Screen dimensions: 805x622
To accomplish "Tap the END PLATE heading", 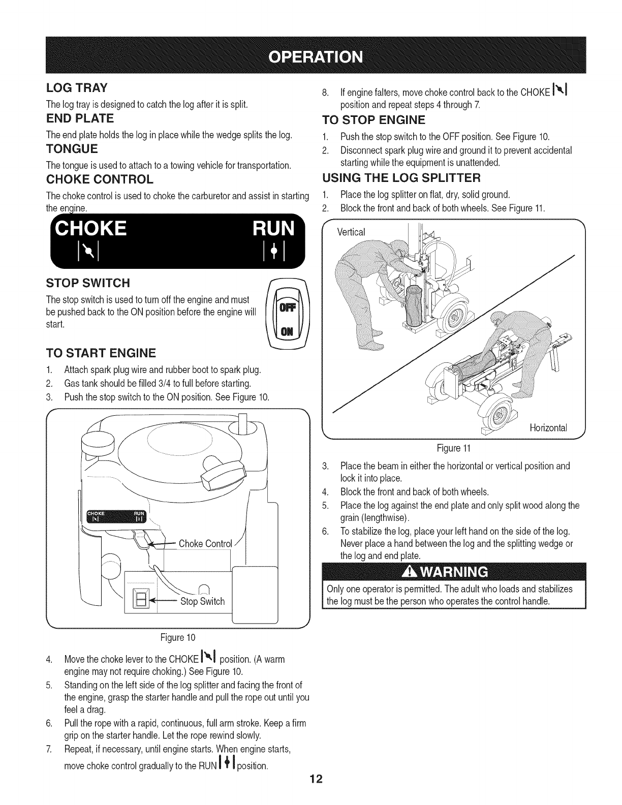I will click(80, 118).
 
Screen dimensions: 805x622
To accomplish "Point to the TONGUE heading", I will click(72, 149).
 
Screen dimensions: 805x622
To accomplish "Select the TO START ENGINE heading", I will click(101, 353).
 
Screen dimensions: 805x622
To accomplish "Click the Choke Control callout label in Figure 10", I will click(205, 544).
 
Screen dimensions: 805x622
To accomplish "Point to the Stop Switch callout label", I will click(203, 602).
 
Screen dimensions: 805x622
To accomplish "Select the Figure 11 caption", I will click(454, 448).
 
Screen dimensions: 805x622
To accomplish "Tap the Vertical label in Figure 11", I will click(352, 232).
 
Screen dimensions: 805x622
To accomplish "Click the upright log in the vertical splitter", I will click(413, 305).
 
